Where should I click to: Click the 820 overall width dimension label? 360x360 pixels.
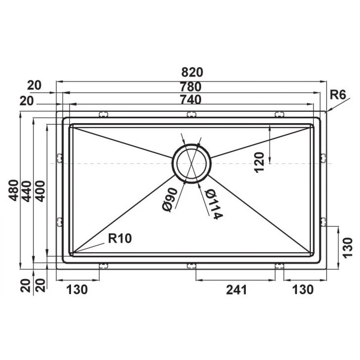pos(192,72)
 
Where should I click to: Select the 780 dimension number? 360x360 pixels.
pos(191,87)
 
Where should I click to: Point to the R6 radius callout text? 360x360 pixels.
pos(338,95)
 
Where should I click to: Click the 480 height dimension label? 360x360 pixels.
pos(14,190)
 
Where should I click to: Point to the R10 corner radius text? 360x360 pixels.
pos(120,238)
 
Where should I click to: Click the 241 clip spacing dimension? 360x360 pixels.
pos(236,290)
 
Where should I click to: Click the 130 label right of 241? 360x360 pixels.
pos(303,290)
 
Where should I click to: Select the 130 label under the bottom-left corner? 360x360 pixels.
pos(78,290)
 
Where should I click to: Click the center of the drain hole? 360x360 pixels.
pos(191,163)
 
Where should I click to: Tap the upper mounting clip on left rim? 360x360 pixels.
pos(60,158)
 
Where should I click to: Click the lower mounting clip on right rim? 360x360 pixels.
pos(323,222)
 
